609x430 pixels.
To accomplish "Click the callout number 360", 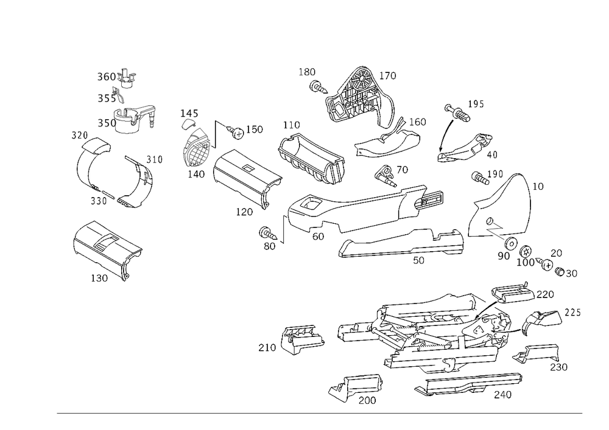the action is [106, 77].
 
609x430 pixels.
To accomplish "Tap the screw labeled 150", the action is [236, 132].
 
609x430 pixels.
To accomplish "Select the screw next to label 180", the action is [319, 86].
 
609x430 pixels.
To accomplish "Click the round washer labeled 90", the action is [511, 243].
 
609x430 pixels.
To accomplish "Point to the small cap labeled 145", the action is [189, 123].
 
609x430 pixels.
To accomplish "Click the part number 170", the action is [387, 75].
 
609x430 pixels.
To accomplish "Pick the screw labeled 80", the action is [267, 233].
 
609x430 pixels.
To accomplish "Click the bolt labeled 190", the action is [480, 178].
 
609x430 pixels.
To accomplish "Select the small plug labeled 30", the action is [560, 272].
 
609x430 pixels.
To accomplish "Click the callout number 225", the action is [572, 313].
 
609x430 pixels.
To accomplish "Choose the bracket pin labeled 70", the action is [385, 176].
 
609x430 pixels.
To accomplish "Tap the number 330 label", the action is [99, 201].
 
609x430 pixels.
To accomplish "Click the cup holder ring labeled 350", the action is [133, 120].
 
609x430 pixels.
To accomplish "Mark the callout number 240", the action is [502, 395].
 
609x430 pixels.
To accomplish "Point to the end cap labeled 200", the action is [356, 387].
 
